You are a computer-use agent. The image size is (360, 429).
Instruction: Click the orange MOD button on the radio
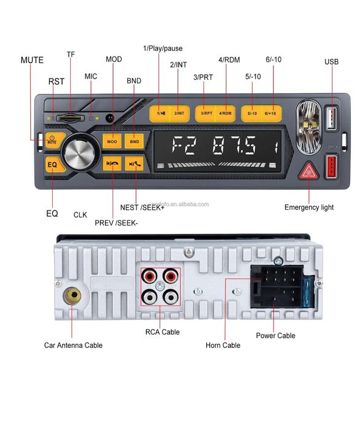point(112,142)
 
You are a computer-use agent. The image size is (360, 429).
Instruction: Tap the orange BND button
point(134,142)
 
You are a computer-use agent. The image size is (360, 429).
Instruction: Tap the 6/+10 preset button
point(272,114)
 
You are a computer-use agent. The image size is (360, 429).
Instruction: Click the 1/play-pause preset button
point(160,114)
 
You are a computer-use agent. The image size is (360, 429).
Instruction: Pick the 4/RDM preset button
point(225,114)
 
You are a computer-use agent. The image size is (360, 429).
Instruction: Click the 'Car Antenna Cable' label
point(73,346)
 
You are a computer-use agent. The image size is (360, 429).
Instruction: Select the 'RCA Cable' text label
point(162,332)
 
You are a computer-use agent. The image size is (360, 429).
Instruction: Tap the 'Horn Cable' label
point(223,346)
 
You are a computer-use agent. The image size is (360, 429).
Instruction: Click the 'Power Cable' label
point(275,336)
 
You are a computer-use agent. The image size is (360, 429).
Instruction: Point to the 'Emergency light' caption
point(309,207)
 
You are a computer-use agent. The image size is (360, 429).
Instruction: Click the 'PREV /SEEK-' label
point(116,222)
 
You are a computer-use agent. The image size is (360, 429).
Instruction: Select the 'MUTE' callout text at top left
point(32,60)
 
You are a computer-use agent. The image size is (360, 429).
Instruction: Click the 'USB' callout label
point(331,62)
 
